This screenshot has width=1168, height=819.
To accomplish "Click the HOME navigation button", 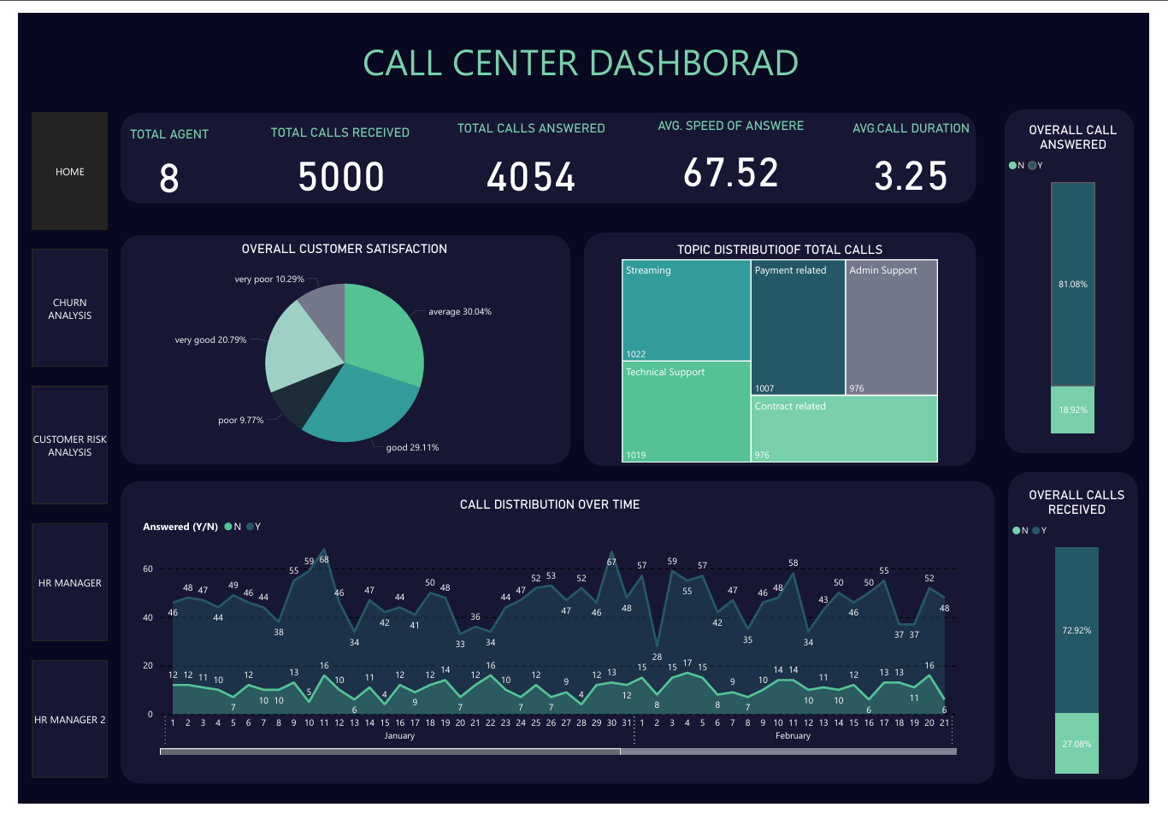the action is (x=69, y=171).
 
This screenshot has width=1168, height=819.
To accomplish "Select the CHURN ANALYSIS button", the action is (x=69, y=308).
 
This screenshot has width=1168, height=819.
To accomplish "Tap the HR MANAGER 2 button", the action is (x=69, y=719).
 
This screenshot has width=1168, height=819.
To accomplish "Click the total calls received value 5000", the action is (x=341, y=176).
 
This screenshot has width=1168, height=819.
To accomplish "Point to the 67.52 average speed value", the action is (x=730, y=173).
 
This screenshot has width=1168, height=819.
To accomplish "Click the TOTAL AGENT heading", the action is (x=169, y=134).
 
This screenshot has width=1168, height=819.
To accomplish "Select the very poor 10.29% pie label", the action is (x=269, y=279).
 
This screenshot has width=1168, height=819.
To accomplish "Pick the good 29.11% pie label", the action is (x=412, y=447).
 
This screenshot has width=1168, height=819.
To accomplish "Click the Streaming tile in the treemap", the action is (x=686, y=309).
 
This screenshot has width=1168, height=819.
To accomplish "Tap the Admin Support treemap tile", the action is (x=891, y=327).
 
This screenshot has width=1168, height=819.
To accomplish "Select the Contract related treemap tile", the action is (x=844, y=428).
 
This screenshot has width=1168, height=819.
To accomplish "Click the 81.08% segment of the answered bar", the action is (x=1072, y=284).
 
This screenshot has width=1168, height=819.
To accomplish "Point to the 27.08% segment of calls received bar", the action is (x=1077, y=743).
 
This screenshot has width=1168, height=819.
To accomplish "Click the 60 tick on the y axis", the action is (x=148, y=569).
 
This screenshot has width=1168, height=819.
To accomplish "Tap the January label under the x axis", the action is (x=399, y=735).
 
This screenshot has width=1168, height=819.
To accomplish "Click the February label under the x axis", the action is (x=793, y=735).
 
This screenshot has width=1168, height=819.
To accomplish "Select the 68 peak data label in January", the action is (x=324, y=559).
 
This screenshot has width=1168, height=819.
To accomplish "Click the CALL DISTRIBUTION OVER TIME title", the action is (x=550, y=504).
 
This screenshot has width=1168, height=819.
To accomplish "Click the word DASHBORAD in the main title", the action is (x=693, y=63).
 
